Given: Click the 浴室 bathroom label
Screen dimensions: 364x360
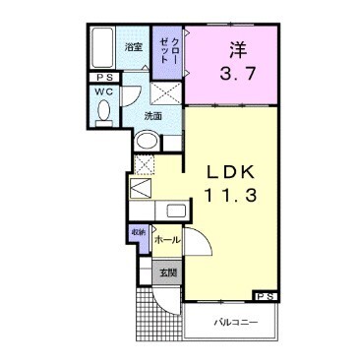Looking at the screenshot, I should [132, 45].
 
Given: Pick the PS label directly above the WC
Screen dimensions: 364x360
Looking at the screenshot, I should [103, 77].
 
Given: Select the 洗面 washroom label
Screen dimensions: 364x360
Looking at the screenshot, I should [153, 115].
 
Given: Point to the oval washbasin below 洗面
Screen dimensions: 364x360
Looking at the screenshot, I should [146, 141].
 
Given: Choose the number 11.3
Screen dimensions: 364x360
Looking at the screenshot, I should [232, 195].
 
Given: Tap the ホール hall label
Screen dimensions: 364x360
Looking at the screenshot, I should [167, 239].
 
